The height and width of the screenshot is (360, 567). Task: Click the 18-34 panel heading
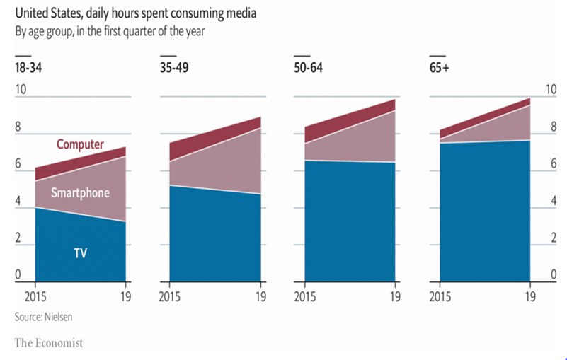coord(28,68)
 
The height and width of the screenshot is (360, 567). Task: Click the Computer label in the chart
coord(80,145)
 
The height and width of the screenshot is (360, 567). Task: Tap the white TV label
coord(79,252)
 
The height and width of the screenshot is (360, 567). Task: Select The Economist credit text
coord(49,343)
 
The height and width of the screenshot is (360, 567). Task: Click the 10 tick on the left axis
coord(21,90)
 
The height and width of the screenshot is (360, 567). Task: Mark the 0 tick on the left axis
coord(18,274)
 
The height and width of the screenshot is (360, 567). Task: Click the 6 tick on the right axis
coord(551,164)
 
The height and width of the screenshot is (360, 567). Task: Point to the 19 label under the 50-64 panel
coord(395,296)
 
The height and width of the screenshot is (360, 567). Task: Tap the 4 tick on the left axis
coord(18,201)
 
